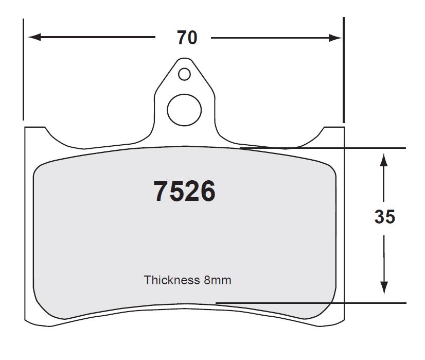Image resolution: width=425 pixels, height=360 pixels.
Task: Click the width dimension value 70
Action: pyautogui.click(x=187, y=38)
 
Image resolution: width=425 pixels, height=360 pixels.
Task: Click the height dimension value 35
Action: pyautogui.click(x=385, y=217)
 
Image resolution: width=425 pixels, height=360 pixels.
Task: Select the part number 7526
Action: pyautogui.click(x=184, y=191)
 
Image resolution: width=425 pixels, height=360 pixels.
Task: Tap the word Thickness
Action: pyautogui.click(x=171, y=280)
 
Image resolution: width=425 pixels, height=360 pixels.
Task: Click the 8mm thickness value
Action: pyautogui.click(x=218, y=280)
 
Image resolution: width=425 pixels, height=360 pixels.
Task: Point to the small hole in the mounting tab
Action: pyautogui.click(x=184, y=74)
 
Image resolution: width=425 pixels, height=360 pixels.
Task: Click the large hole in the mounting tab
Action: pyautogui.click(x=184, y=110)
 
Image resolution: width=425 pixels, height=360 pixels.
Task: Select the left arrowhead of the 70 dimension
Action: pyautogui.click(x=34, y=37)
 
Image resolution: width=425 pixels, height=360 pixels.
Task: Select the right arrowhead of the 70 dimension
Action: pyautogui.click(x=335, y=38)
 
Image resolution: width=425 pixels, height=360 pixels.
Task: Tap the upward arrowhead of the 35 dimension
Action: pyautogui.click(x=383, y=160)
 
